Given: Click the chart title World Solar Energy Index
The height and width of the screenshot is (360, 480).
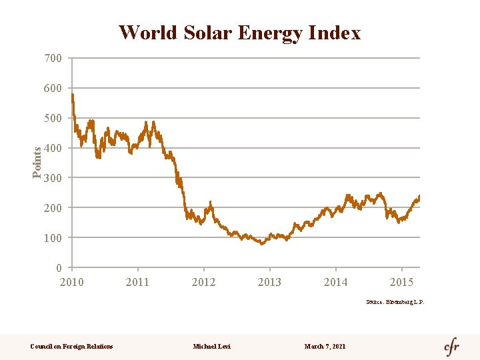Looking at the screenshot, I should click(x=239, y=33).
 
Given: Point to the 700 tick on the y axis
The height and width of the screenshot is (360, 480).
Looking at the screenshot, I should click(x=53, y=59).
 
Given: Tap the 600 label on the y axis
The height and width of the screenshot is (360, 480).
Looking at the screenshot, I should click(x=53, y=89).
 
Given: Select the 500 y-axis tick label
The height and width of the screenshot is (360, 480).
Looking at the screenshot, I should click(x=53, y=119).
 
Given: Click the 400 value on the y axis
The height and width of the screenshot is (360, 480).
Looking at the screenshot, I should click(x=53, y=148).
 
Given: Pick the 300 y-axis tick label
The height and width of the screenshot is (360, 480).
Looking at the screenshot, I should click(x=53, y=178).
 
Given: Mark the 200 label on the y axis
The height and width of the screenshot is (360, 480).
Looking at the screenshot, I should click(x=53, y=208).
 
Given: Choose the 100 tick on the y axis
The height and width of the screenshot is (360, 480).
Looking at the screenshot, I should click(x=53, y=238).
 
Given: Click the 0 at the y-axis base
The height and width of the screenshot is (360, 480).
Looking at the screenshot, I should click(x=59, y=268).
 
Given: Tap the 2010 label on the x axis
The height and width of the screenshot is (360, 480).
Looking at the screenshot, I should click(x=72, y=282).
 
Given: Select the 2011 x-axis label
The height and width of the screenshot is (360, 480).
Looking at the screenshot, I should click(x=137, y=282).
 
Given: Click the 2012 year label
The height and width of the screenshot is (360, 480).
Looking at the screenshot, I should click(x=203, y=282).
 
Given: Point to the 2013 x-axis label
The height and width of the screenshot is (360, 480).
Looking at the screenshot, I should click(x=269, y=282).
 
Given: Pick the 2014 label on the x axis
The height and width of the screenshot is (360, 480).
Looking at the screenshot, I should click(x=335, y=282).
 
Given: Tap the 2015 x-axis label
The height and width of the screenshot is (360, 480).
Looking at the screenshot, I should click(x=401, y=282).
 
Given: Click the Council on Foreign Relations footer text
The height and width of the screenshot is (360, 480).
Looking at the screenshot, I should click(x=72, y=346).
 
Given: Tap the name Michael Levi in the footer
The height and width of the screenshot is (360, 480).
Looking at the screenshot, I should click(x=211, y=346).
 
